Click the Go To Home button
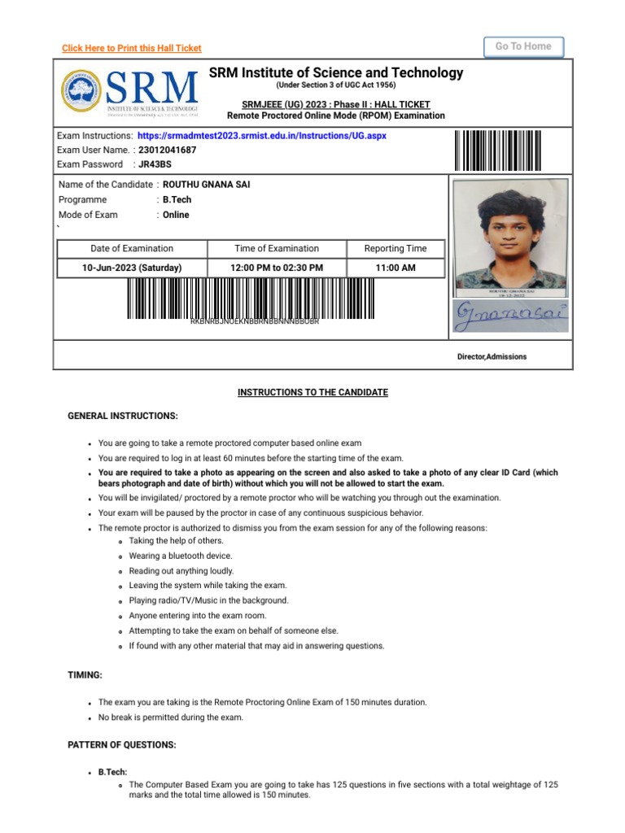pos(523,47)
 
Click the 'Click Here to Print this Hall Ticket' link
pos(132,49)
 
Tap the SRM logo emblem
pos(81,90)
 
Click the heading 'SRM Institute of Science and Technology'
pos(336,73)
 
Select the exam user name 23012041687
pos(168,150)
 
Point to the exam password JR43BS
pos(155,164)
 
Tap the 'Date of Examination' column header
pos(132,249)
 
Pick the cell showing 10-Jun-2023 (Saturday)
pos(132,268)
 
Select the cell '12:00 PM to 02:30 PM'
pos(277,268)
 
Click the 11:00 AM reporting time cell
pos(396,268)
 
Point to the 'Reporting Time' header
pos(396,249)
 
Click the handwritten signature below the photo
pos(509,316)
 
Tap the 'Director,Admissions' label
pos(492,357)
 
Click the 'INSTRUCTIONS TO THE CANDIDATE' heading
pos(312,393)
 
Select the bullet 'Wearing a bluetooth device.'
pos(181,556)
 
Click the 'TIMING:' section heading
pos(85,675)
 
